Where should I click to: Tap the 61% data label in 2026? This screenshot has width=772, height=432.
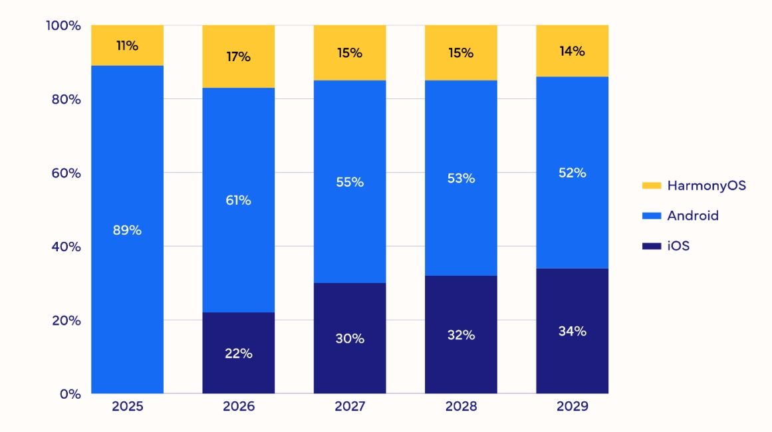tap(238, 200)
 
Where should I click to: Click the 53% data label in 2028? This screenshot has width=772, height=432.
tap(461, 178)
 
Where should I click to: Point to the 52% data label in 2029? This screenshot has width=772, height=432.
tap(573, 173)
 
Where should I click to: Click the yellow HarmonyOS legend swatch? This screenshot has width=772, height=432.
tap(652, 185)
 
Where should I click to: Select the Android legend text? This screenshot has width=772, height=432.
tap(693, 216)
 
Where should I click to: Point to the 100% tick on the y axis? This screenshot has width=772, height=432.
tap(63, 25)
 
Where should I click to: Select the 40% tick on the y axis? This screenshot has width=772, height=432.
tap(66, 247)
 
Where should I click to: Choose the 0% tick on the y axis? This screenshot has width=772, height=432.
tap(70, 393)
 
